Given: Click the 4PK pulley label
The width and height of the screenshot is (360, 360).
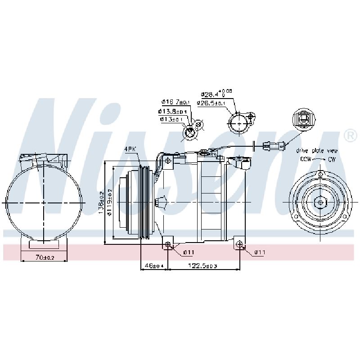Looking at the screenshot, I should [131, 149].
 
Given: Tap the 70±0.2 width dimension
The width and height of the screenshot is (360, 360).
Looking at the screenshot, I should [45, 257].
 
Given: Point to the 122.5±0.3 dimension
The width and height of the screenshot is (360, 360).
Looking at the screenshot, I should [203, 266].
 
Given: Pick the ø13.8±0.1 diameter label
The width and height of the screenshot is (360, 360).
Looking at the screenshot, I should [172, 111].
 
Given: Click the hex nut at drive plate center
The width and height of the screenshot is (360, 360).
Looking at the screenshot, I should [320, 202].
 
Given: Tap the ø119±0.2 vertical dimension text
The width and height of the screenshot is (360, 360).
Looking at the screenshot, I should [110, 202].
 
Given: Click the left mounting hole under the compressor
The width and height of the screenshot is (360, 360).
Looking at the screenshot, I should [168, 244].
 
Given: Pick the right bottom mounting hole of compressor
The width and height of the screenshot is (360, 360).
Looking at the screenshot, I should [239, 245].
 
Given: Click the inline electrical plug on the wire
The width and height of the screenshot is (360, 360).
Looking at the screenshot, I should [273, 145].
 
